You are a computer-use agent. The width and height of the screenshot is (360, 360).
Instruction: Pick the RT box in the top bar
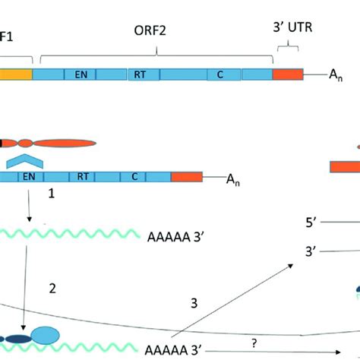click(141, 74)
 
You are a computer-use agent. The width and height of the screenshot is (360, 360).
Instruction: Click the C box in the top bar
click(219, 74)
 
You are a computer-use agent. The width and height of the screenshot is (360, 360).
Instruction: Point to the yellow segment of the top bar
click(15, 74)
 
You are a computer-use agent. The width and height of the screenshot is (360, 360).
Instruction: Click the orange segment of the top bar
click(286, 74)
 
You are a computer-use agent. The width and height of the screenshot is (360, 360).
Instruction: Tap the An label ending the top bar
click(336, 75)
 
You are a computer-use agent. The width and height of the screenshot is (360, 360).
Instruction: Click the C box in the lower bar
click(134, 177)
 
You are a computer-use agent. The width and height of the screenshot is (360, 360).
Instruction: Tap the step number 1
click(52, 195)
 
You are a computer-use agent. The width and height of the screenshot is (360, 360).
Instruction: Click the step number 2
click(52, 288)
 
